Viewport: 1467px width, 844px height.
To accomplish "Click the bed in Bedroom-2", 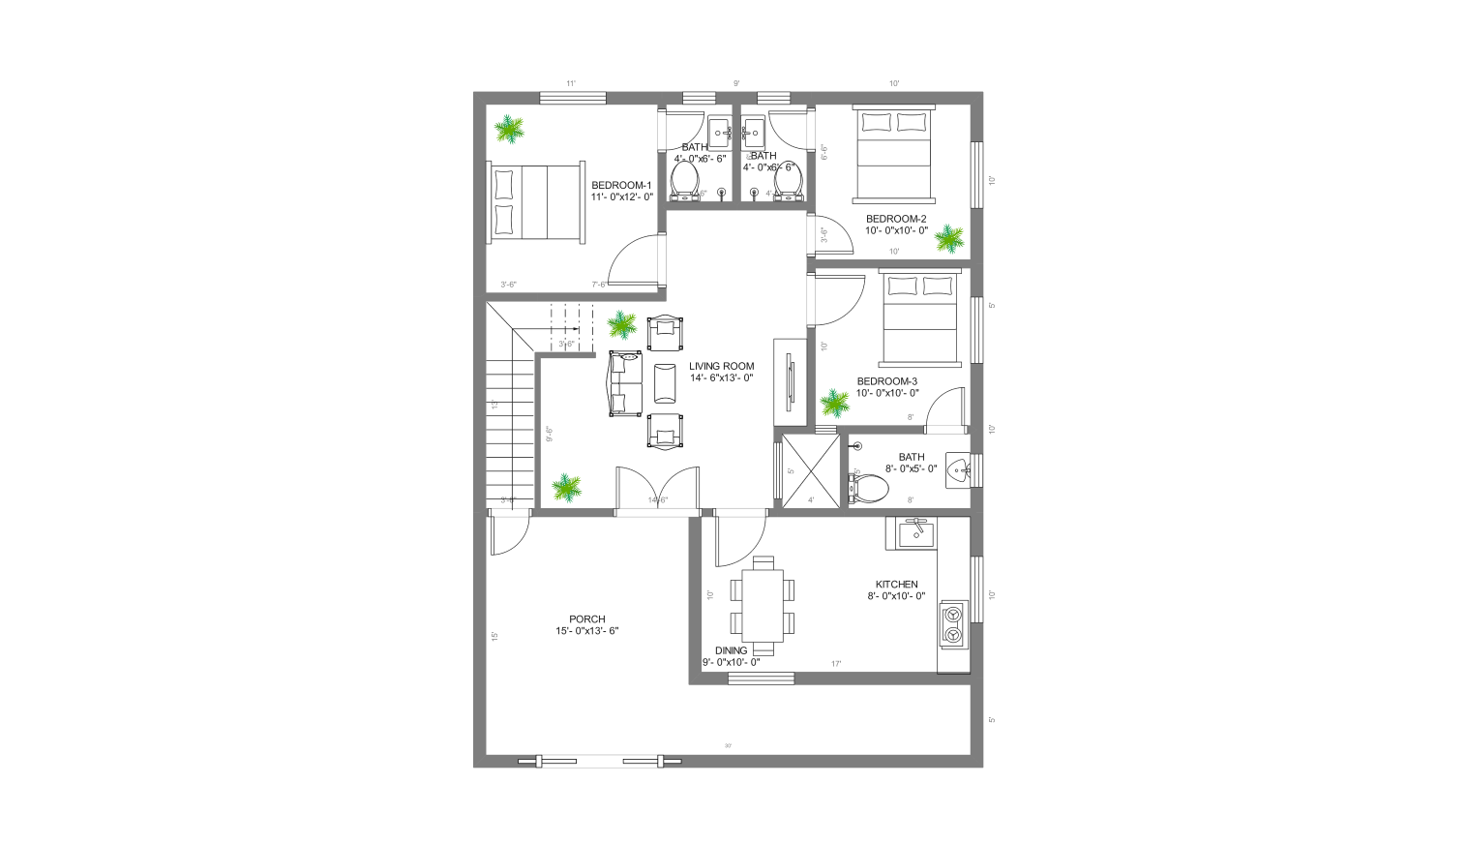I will (891, 156).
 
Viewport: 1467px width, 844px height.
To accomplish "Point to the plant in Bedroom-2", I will (950, 238).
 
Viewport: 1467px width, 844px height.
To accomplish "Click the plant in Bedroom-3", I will (833, 402).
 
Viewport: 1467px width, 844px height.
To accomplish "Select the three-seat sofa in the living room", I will (625, 384).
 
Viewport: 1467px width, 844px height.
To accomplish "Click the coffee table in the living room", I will (666, 382).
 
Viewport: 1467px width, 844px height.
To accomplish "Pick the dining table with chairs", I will (763, 605).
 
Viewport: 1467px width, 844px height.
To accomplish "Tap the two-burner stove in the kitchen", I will (953, 623).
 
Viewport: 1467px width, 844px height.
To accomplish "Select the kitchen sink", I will (913, 532).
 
